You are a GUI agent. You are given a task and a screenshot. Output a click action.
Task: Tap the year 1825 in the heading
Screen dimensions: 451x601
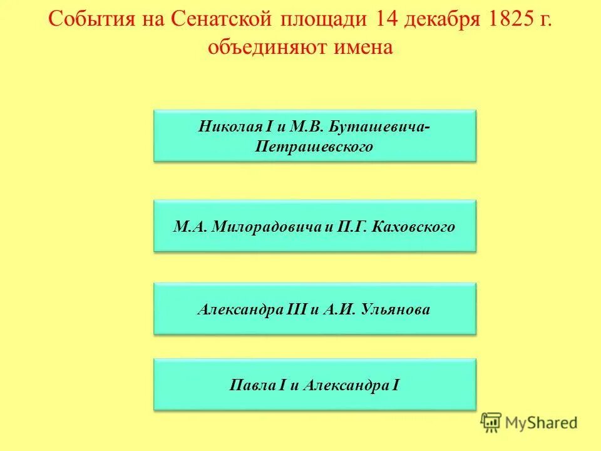pos(505,21)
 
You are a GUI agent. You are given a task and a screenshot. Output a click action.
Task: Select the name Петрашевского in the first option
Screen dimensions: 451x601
pos(315,147)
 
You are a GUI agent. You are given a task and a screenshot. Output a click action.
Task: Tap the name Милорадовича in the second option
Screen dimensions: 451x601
pos(267,226)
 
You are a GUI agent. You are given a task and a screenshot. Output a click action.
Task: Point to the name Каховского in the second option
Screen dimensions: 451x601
pos(413,226)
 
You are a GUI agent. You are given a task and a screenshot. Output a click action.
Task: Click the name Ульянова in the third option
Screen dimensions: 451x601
pos(396,309)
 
